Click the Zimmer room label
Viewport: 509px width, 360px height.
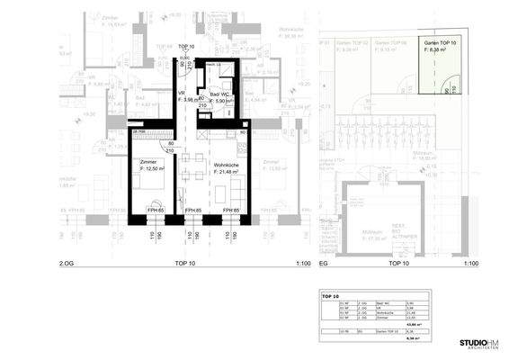(148, 162)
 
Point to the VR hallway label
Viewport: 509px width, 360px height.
(180, 94)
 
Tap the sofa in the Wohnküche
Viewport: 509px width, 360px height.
(237, 188)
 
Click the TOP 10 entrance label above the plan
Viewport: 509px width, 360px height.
(186, 46)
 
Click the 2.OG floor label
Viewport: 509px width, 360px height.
(66, 263)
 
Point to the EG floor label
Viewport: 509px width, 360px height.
(326, 263)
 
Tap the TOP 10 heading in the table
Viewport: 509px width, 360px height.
(329, 294)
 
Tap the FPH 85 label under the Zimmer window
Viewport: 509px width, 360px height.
(154, 210)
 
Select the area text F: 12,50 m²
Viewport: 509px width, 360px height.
(152, 169)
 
